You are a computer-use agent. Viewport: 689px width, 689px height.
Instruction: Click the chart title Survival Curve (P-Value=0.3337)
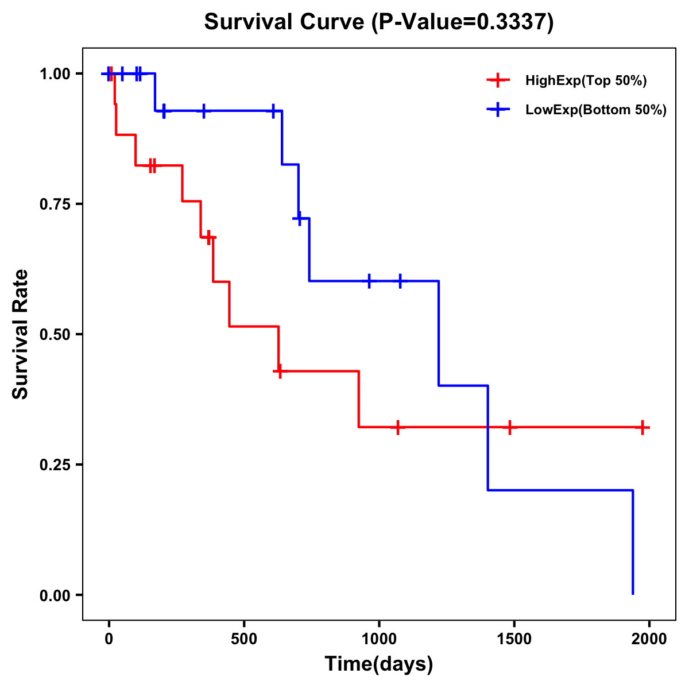[379, 22]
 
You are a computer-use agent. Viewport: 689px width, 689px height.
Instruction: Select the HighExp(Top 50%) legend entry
[586, 81]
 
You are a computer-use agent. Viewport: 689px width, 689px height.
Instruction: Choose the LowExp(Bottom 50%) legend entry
[596, 110]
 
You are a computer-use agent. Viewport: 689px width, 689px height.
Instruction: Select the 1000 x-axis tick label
[379, 639]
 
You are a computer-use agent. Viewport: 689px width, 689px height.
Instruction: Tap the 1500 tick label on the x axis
[514, 639]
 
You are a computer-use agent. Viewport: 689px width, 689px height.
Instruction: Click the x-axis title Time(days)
[379, 664]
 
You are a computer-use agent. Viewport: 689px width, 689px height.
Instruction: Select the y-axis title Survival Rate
[21, 334]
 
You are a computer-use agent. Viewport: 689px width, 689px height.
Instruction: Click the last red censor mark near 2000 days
[642, 427]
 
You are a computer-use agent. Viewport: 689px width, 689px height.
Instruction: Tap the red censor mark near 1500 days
[509, 427]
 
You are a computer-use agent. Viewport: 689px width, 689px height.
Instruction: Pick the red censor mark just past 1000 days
[397, 427]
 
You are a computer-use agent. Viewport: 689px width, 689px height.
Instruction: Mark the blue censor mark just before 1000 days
[369, 281]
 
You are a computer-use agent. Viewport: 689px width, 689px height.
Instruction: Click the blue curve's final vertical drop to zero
[633, 543]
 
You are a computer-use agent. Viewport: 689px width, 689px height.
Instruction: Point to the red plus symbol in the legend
[498, 81]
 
